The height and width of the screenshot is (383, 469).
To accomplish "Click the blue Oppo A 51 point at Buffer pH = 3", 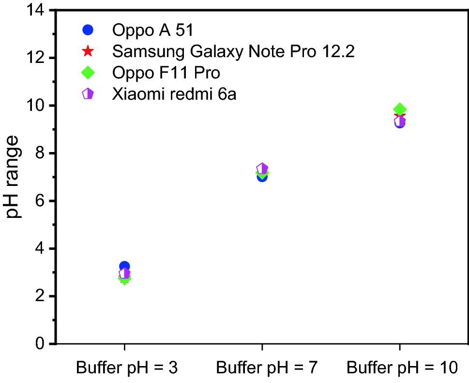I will [x=124, y=266].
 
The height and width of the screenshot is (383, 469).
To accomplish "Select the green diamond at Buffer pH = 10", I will [x=400, y=109].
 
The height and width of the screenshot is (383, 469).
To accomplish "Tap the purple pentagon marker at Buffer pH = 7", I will [x=262, y=169].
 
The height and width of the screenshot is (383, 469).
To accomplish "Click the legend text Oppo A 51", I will [x=153, y=30].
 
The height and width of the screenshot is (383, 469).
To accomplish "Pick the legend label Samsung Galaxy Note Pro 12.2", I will [x=233, y=51].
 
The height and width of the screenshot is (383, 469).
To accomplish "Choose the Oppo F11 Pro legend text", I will [x=166, y=73].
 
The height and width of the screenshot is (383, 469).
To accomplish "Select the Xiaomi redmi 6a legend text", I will [x=174, y=93].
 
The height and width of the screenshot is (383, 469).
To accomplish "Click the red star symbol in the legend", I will [x=88, y=51].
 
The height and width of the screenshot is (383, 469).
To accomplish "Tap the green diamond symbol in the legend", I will [x=88, y=72].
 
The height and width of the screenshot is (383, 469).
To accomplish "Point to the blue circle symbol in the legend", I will [x=88, y=30].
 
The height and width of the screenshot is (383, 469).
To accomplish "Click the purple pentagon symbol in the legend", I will [x=88, y=93].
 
